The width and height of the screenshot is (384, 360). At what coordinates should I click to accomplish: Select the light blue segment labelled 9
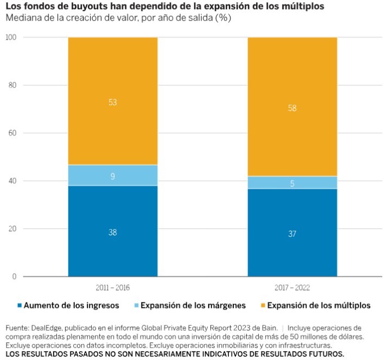pyautogui.click(x=113, y=175)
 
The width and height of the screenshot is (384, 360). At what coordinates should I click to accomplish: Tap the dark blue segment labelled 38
pyautogui.click(x=113, y=231)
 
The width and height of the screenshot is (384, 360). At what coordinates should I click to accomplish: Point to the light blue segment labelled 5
pyautogui.click(x=292, y=183)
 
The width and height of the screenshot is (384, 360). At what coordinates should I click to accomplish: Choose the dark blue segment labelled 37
pyautogui.click(x=292, y=233)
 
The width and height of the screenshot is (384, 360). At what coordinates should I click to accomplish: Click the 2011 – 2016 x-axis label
pyautogui.click(x=113, y=287)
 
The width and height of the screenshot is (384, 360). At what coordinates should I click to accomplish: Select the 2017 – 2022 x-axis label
pyautogui.click(x=292, y=287)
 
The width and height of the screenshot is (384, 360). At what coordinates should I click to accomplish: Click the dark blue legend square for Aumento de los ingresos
pyautogui.click(x=21, y=306)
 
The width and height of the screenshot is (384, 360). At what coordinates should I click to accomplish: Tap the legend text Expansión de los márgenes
pyautogui.click(x=193, y=306)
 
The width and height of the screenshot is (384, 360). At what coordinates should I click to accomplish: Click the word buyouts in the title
pyautogui.click(x=82, y=6)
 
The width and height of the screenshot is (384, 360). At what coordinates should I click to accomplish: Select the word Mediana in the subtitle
pyautogui.click(x=23, y=17)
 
